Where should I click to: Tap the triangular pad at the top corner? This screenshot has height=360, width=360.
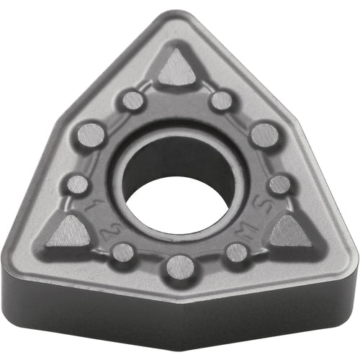[x=177, y=71]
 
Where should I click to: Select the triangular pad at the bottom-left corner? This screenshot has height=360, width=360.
[x=71, y=232]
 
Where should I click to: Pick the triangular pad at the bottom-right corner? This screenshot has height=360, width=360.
[x=289, y=232]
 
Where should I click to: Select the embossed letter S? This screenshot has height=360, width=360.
[x=265, y=211]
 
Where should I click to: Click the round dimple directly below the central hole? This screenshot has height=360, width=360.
[x=179, y=268]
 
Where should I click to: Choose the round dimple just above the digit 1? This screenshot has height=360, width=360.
[x=77, y=184]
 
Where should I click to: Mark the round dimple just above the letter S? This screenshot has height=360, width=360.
[x=280, y=184]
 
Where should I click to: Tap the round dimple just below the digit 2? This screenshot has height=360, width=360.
[x=123, y=252]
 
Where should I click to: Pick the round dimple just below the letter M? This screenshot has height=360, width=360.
[x=236, y=252]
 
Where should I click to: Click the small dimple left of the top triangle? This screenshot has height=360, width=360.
[x=132, y=101]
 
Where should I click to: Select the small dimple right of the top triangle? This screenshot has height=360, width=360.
[x=222, y=101]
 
